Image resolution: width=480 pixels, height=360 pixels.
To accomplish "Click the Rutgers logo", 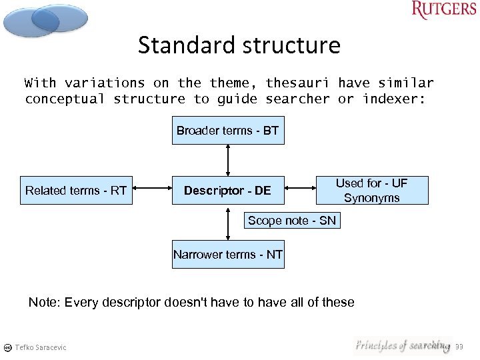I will pos(444,10).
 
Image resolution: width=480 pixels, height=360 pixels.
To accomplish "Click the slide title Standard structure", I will pos(239,45).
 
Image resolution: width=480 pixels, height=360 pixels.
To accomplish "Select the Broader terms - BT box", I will pos(227,131).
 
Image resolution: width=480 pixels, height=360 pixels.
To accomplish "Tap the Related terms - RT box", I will pos(75,191).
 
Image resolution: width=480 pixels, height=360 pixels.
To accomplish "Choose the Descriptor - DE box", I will pos(227,191).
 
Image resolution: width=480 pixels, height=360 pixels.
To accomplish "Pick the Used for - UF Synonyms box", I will pos(371,191).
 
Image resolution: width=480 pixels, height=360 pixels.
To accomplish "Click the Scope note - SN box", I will pos(292,221).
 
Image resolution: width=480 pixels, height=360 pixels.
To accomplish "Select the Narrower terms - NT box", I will pos(228,255).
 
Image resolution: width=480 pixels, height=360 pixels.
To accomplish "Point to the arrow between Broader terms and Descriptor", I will pos(228,160).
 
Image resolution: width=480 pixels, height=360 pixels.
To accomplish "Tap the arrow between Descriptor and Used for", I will pos(300,191).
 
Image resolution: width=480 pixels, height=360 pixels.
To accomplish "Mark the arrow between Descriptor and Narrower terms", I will pos(228,223).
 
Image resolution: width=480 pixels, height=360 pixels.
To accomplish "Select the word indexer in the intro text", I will pos(393,99).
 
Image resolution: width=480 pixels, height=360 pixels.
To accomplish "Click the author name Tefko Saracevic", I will pos(41,347).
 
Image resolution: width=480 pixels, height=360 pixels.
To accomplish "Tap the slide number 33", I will pos(459,347).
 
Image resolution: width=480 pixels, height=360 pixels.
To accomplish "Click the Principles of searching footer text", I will pos(403,345).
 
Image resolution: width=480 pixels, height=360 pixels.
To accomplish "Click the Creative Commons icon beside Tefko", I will pos(7,347).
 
